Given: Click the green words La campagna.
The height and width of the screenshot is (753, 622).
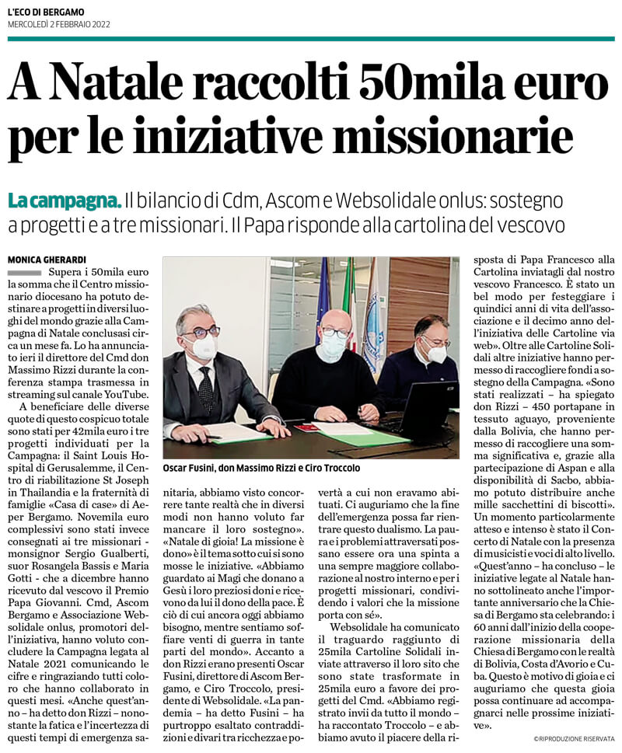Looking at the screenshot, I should [65, 200].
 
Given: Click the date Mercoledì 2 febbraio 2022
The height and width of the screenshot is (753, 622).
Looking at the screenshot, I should [59, 25].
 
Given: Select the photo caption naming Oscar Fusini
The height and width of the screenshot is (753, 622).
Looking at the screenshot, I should [261, 469].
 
